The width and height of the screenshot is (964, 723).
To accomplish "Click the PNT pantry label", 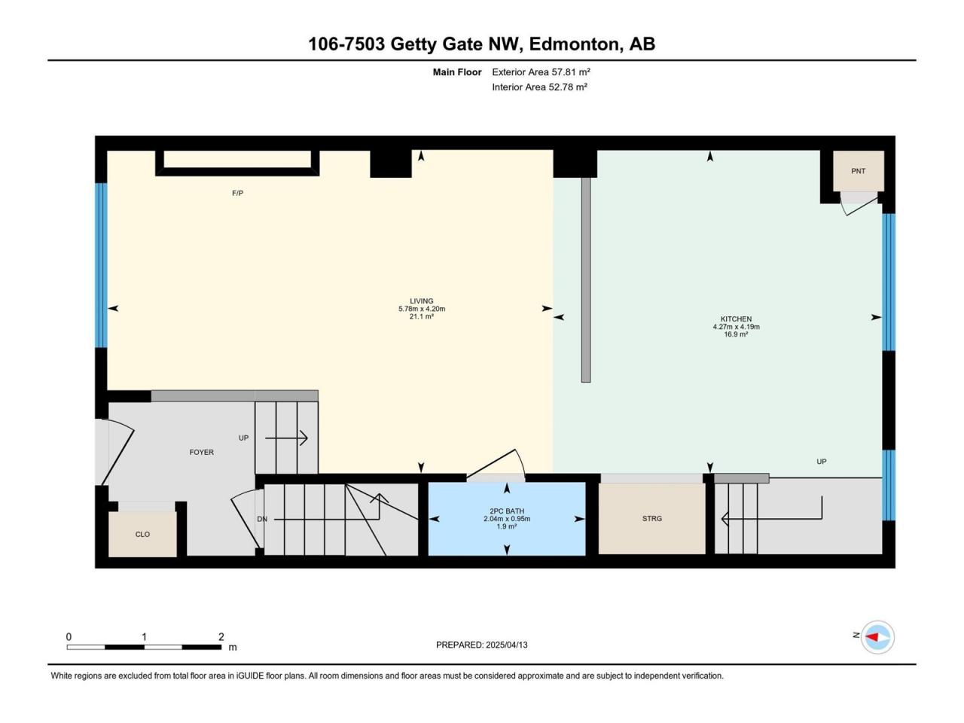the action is click(x=858, y=171).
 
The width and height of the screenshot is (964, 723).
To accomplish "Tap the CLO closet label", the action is click(x=142, y=534).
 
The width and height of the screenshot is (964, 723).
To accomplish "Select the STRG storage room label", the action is click(x=651, y=518).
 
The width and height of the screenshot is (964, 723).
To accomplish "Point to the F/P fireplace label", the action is click(x=237, y=193).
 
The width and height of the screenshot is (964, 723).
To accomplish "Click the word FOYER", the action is click(x=202, y=452).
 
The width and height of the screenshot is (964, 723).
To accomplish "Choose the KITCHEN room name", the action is click(x=736, y=319).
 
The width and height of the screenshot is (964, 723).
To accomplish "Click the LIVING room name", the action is click(x=422, y=301).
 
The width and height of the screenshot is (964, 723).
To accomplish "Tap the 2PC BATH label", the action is click(x=507, y=511).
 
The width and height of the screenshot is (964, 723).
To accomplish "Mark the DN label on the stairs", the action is click(x=262, y=520).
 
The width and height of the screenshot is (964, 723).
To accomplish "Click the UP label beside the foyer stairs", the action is click(x=243, y=438).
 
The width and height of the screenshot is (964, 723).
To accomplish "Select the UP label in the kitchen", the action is click(x=821, y=462).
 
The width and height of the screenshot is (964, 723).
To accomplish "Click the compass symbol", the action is click(x=877, y=637).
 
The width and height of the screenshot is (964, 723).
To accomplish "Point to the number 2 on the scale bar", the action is click(x=221, y=636).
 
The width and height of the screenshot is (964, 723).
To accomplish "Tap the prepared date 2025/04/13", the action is click(x=506, y=645).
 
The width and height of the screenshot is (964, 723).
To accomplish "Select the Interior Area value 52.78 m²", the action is click(x=568, y=87).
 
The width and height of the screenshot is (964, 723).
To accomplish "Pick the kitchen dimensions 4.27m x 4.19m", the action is click(x=736, y=327).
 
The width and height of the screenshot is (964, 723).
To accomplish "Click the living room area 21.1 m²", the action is click(x=422, y=316).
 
